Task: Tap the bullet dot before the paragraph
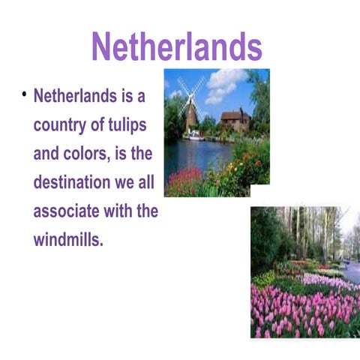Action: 24,94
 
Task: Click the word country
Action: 59,124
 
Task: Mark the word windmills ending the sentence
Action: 67,240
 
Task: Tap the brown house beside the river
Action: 234,120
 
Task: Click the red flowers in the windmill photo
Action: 183,180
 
